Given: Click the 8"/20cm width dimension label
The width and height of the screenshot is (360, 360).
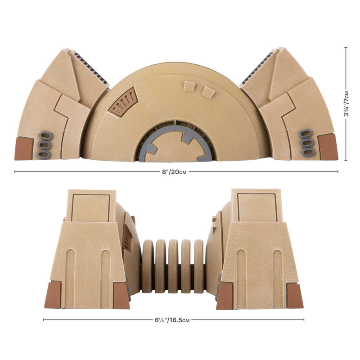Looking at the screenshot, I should pyautogui.click(x=176, y=171).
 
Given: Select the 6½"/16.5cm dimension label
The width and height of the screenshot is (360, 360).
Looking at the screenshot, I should pyautogui.click(x=173, y=320).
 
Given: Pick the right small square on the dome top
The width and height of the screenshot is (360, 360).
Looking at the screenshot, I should pyautogui.click(x=207, y=92).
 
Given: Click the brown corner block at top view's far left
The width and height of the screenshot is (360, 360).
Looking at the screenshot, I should pyautogui.click(x=24, y=148).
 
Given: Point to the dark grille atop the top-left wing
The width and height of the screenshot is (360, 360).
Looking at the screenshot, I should pyautogui.click(x=91, y=68).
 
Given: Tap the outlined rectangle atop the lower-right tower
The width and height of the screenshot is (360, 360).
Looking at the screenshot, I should pyautogui.click(x=256, y=207).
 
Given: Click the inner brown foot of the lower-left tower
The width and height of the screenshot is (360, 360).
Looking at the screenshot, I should pyautogui.click(x=121, y=296).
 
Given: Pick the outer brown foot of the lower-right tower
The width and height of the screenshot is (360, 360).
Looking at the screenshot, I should pyautogui.click(x=295, y=296).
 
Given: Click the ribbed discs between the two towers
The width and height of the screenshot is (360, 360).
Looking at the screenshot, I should pyautogui.click(x=173, y=266).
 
